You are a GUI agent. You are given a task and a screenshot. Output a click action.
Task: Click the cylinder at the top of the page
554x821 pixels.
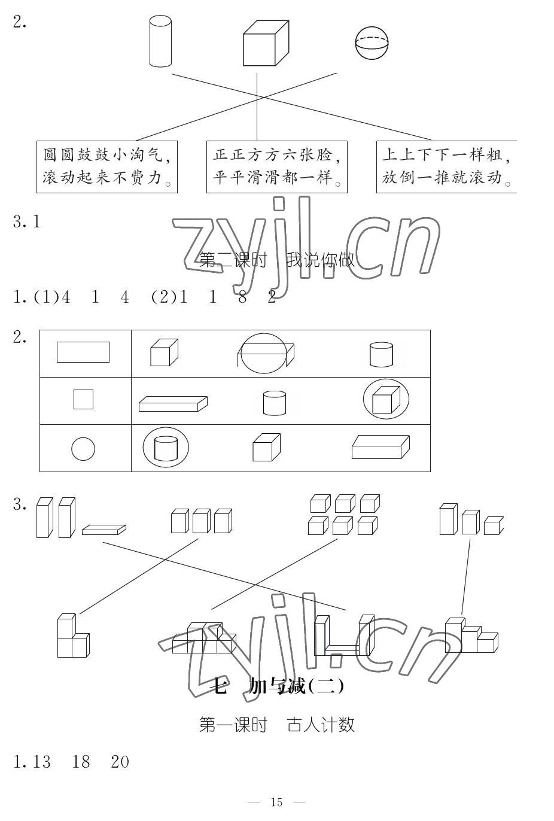pos(160,41)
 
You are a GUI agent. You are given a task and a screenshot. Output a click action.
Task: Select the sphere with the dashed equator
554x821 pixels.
pos(372,42)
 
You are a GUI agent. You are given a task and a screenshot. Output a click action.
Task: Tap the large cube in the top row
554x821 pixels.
pos(266,43)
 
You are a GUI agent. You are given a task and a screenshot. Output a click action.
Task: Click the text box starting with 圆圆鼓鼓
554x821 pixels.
pos(107,166)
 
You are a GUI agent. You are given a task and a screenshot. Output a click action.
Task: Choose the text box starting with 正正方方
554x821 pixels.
pos(276,166)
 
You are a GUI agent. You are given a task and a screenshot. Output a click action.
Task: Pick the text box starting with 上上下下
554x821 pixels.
pos(446,166)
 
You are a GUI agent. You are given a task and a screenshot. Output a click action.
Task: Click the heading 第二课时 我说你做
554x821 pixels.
pos(276,260)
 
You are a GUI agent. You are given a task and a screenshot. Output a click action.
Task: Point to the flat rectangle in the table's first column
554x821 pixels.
pos(83,352)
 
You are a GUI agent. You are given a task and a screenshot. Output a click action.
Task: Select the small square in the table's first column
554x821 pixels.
pos(83,399)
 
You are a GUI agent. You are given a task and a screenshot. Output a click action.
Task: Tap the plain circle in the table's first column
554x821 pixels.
pos(83,449)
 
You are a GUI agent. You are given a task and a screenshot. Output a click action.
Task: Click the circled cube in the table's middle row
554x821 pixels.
pos(386,399)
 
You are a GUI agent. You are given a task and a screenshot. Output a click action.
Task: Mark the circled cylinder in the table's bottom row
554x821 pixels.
pos(166,448)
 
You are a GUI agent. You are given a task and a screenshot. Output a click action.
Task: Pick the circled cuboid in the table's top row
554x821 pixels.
pos(263,353)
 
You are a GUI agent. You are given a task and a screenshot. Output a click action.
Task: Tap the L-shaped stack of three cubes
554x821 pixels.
pos(72,636)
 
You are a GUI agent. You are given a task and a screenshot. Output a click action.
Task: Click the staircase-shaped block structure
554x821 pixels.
pos(470,637)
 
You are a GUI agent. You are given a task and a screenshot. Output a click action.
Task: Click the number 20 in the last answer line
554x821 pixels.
pos(120,762)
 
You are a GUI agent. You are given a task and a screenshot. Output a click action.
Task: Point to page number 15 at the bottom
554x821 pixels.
pos(276,802)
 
